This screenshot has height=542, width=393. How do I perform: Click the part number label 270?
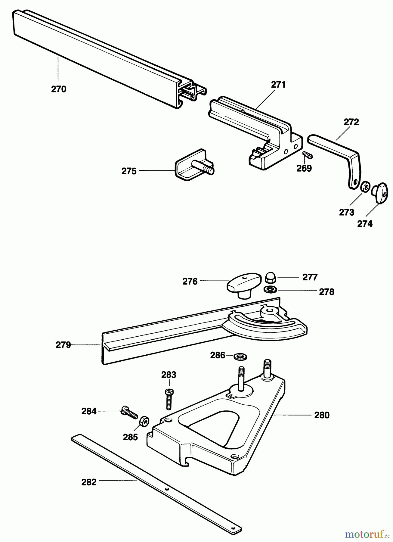pos(59,89)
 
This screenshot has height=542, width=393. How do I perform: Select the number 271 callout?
pos(278,85)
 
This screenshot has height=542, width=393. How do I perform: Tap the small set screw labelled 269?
pos(307,155)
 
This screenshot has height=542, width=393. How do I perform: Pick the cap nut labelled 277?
pos(270,277)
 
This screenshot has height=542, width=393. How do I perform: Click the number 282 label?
pos(89,482)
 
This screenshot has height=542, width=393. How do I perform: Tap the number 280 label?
pos(322,415)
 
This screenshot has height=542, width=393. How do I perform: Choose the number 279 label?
pos(63,345)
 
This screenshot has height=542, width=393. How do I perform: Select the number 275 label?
pos(129,171)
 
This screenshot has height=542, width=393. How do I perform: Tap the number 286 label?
pos(218,355)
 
